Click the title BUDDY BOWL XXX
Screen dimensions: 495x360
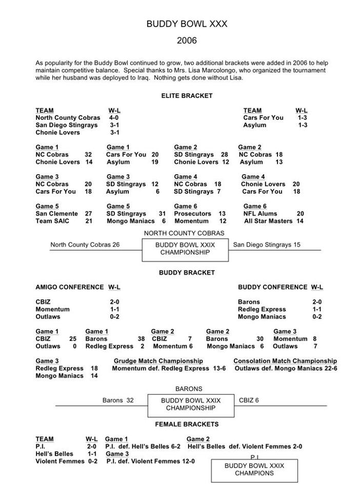[187, 24]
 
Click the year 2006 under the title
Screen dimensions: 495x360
[187, 40]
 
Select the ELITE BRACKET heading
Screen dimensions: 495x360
[187, 96]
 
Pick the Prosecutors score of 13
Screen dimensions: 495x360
[222, 214]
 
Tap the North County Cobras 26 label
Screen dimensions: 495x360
[85, 245]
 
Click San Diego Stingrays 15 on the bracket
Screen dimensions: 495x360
[267, 245]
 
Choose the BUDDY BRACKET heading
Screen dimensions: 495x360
[187, 273]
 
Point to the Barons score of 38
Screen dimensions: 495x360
[141, 339]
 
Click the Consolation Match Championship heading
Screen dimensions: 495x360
[285, 361]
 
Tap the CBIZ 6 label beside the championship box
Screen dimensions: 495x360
[249, 400]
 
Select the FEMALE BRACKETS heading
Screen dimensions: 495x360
[187, 424]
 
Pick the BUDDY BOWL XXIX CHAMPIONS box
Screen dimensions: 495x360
[254, 469]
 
